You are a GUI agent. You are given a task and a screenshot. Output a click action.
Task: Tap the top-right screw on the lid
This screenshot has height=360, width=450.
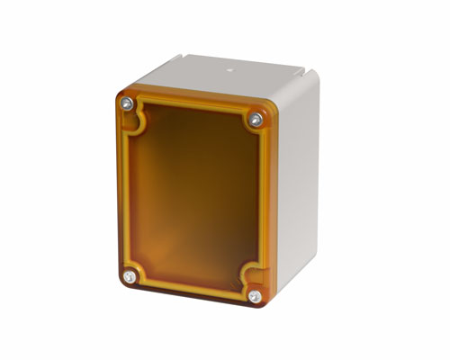click(x=256, y=119)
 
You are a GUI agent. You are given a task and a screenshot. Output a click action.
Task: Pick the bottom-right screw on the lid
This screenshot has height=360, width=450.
click(x=255, y=295)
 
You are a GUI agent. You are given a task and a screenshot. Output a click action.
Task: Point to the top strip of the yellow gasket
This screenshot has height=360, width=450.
click(x=193, y=107)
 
